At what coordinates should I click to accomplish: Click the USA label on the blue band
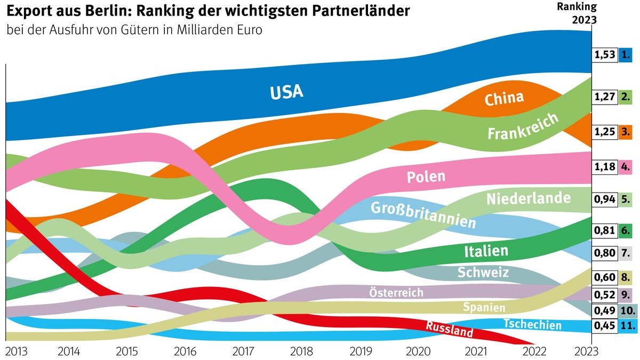286,92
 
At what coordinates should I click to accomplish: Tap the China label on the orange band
504,98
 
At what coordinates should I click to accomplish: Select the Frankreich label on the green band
523,126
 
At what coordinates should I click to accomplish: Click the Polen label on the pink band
426,177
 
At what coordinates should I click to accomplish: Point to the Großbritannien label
422,214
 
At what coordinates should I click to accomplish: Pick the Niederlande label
528,199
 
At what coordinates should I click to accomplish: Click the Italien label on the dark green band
485,251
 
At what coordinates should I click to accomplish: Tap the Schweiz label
483,273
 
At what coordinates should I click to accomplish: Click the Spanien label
484,307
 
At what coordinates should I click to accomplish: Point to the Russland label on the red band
449,329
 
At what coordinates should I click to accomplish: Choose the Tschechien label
532,324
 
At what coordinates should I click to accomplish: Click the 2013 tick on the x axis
16,351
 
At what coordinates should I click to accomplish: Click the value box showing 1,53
604,54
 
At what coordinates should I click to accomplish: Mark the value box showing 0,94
604,199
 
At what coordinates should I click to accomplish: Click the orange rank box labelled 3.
626,132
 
